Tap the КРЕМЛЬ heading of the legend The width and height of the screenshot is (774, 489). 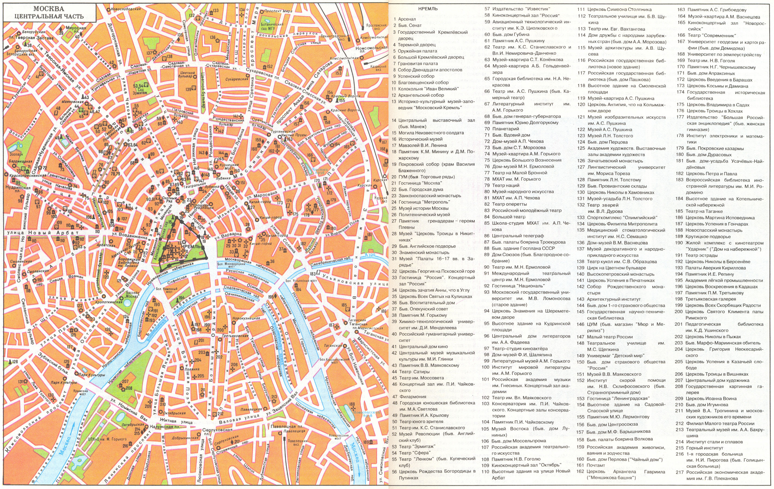coord(428,9)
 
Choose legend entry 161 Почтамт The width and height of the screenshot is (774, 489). coord(596,465)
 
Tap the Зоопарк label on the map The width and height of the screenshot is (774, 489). coord(16,154)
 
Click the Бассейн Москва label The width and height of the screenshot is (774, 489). coord(132,295)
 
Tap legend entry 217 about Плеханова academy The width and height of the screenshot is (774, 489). coord(725,475)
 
